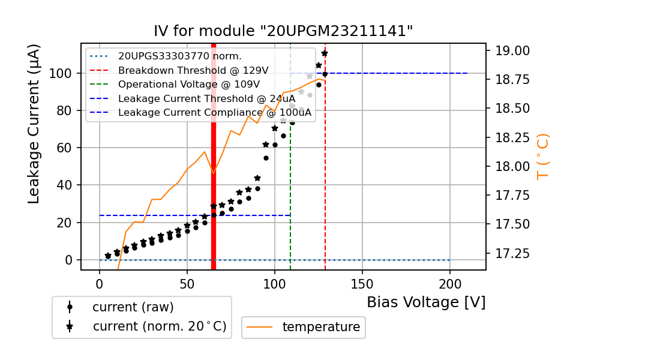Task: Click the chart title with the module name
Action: (283, 31)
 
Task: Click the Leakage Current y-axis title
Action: (34, 124)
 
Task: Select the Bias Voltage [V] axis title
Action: (426, 302)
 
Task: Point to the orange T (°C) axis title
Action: (542, 157)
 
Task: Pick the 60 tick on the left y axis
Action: (64, 148)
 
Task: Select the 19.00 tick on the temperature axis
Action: (512, 50)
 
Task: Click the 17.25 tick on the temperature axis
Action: (512, 253)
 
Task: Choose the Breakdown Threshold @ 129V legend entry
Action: (193, 70)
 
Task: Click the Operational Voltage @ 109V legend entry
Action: (188, 84)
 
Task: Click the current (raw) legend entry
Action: (133, 307)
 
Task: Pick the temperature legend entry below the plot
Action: (321, 327)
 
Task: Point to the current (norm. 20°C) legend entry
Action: (159, 326)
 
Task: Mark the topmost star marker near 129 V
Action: (325, 53)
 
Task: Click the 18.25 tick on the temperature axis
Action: (512, 137)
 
